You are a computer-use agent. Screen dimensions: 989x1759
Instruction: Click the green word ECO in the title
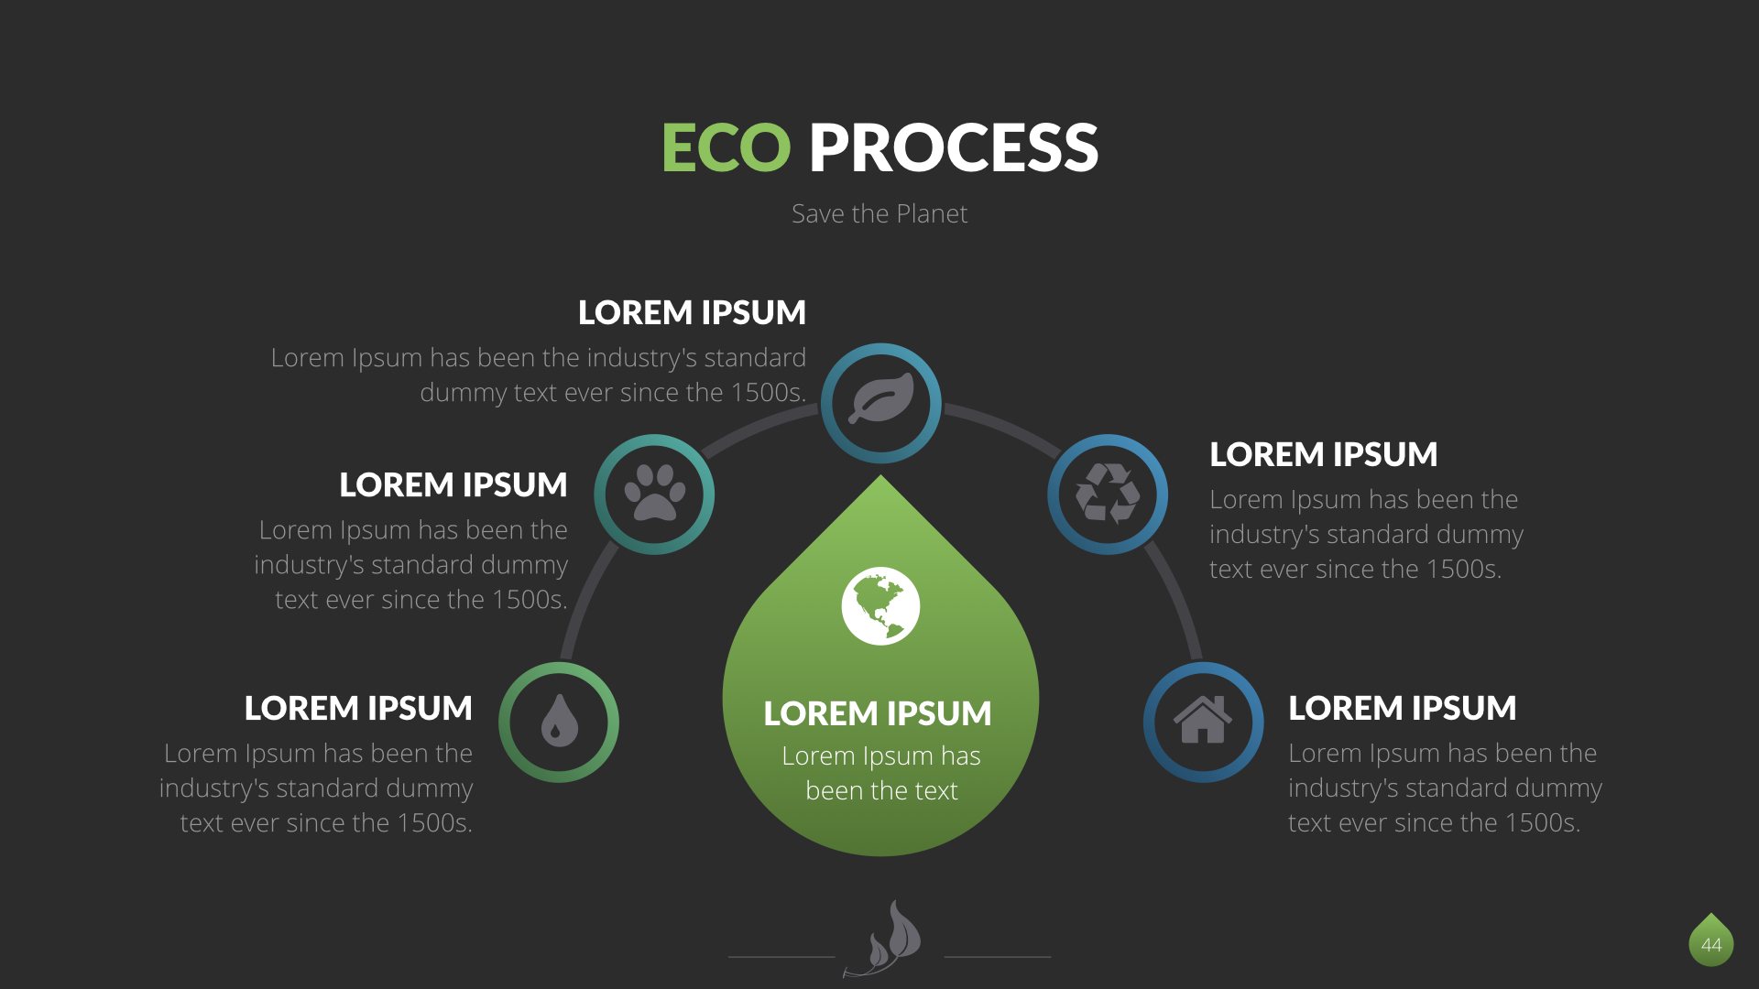pyautogui.click(x=726, y=148)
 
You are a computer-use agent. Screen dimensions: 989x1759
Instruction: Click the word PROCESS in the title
pyautogui.click(x=953, y=148)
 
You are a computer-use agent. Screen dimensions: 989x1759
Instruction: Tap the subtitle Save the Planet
pyautogui.click(x=879, y=213)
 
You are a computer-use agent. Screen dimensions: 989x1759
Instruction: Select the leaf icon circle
pyautogui.click(x=880, y=402)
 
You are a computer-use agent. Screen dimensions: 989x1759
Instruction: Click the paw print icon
pyautogui.click(x=654, y=494)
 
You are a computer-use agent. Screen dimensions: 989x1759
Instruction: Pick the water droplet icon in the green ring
pyautogui.click(x=559, y=722)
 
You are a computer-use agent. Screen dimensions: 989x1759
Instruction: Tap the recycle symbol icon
pyautogui.click(x=1108, y=494)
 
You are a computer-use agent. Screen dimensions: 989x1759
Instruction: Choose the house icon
pyautogui.click(x=1203, y=722)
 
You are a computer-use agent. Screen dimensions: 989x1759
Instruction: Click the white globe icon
pyautogui.click(x=880, y=606)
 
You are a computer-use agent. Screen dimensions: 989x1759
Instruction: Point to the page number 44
pyautogui.click(x=1710, y=944)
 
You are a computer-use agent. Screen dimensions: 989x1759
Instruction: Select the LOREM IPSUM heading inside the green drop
pyautogui.click(x=878, y=713)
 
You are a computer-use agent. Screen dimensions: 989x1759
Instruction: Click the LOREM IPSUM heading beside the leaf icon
pyautogui.click(x=692, y=312)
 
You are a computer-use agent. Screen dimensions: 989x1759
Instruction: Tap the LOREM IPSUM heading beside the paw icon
pyautogui.click(x=453, y=484)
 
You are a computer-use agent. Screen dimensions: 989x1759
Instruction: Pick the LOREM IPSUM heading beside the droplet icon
pyautogui.click(x=357, y=708)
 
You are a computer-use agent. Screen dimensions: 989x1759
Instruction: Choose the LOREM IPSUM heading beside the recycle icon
pyautogui.click(x=1323, y=454)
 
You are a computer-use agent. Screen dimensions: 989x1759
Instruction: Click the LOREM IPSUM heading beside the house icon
pyautogui.click(x=1402, y=708)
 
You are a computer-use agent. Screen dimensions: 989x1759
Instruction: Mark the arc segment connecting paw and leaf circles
pyautogui.click(x=759, y=429)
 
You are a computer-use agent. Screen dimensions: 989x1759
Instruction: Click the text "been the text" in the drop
pyautogui.click(x=881, y=790)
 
